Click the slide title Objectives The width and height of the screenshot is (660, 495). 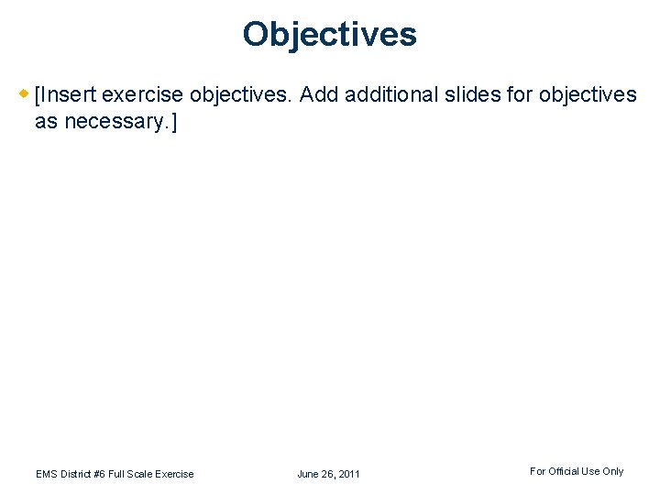(x=330, y=35)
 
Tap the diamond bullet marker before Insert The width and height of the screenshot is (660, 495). (x=25, y=93)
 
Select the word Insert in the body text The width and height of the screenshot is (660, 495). (x=69, y=94)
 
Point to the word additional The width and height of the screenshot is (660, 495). (x=390, y=94)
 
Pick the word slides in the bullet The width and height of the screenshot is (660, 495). (x=476, y=94)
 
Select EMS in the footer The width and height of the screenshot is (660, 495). (x=47, y=474)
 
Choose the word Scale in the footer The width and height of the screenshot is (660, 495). (x=144, y=474)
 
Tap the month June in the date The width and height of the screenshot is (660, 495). (x=308, y=474)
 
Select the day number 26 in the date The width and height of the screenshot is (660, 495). (x=329, y=474)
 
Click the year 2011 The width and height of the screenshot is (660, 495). (x=349, y=474)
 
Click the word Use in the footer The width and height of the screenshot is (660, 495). (x=592, y=471)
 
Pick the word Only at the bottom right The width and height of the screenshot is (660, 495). (x=613, y=471)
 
